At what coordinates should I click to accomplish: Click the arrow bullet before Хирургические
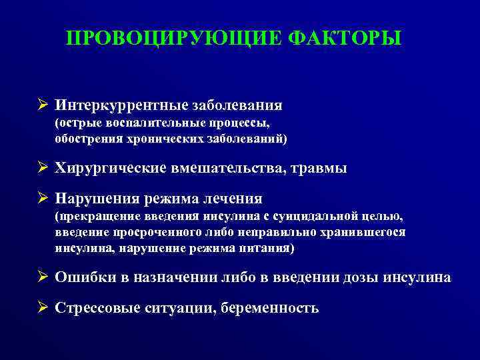pyautogui.click(x=43, y=168)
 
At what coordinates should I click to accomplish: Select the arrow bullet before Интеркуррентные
pyautogui.click(x=43, y=105)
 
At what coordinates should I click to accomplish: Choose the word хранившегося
pyautogui.click(x=371, y=232)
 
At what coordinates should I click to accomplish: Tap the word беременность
pyautogui.click(x=273, y=308)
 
